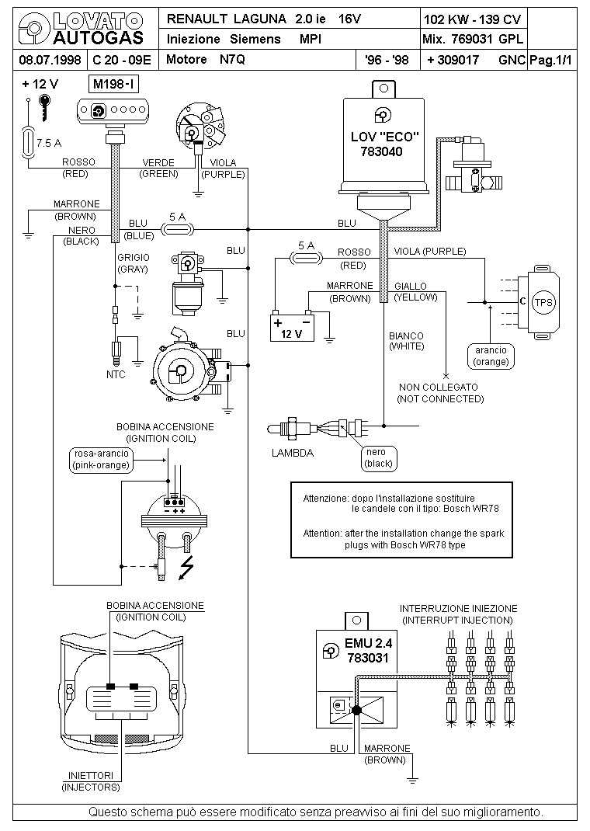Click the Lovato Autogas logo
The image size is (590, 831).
(82, 27)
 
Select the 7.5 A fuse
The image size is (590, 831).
(29, 143)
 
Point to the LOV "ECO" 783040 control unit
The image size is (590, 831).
(386, 144)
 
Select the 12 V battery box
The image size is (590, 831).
(291, 328)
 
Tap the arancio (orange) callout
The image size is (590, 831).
(491, 356)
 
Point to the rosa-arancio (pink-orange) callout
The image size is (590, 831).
(99, 460)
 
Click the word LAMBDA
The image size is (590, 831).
(293, 454)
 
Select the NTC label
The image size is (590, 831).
(116, 374)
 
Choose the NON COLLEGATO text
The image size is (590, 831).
(439, 387)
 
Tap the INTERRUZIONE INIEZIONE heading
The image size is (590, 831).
(457, 609)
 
